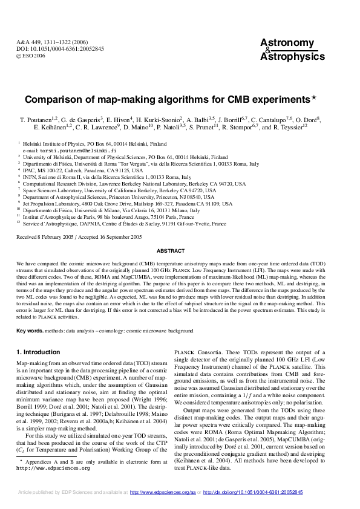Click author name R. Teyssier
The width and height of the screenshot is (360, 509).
tap(290, 128)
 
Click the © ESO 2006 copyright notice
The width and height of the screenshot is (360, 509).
tap(30, 55)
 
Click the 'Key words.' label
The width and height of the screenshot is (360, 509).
tap(30, 331)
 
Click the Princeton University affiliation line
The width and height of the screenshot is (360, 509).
tap(118, 197)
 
